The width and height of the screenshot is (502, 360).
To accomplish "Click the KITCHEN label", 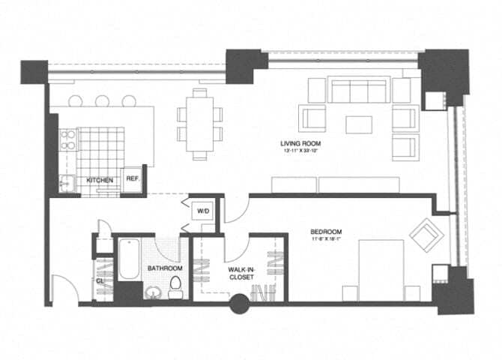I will pos(100,181).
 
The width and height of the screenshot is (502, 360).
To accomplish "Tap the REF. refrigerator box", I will pos(133,178).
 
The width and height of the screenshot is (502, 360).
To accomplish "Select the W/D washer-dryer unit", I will pos(203,211).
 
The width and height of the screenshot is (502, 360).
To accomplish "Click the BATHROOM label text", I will pos(165,268).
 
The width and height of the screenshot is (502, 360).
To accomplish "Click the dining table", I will pos(199,124).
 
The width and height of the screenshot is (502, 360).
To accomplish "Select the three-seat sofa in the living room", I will pos(358,91).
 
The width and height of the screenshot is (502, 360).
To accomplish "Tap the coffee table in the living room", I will pos(358,123).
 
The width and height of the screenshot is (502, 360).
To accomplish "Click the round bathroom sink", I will pos(154,292).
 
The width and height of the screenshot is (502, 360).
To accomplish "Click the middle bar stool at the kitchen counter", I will pos(103,100).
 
